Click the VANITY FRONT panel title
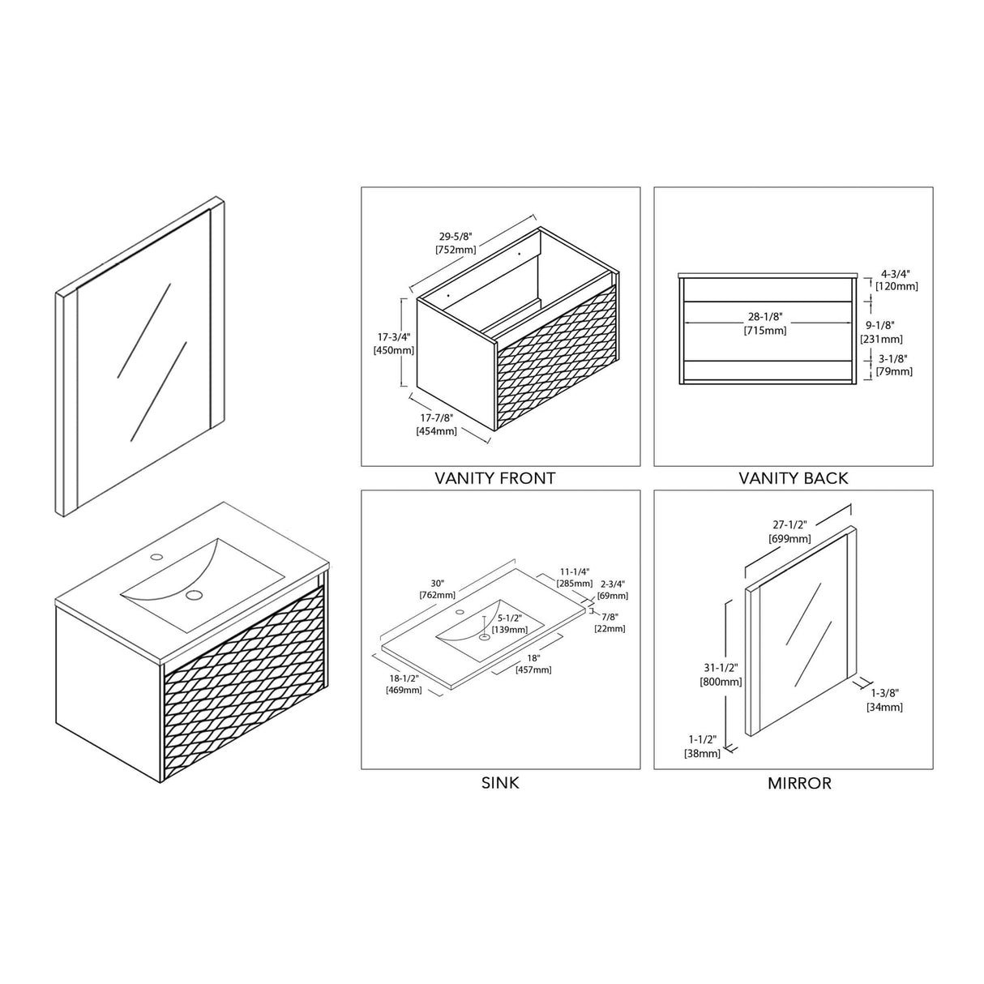pyautogui.click(x=494, y=478)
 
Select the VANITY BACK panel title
pyautogui.click(x=793, y=478)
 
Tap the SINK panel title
pyautogui.click(x=500, y=783)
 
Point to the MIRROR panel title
pyautogui.click(x=799, y=783)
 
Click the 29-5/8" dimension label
pyautogui.click(x=456, y=237)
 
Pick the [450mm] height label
pyautogui.click(x=394, y=350)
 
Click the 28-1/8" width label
pyautogui.click(x=765, y=317)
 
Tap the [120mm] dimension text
pyautogui.click(x=896, y=286)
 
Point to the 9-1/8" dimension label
pyautogui.click(x=880, y=325)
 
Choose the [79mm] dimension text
pyautogui.click(x=894, y=371)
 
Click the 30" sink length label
pyautogui.click(x=437, y=584)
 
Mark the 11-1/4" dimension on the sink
pyautogui.click(x=575, y=571)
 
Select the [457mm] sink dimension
pyautogui.click(x=533, y=670)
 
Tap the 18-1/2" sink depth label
pyautogui.click(x=404, y=678)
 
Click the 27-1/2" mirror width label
pyautogui.click(x=789, y=524)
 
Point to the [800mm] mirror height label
pyautogui.click(x=721, y=682)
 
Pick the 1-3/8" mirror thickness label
pyautogui.click(x=884, y=693)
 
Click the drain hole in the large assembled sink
pyautogui.click(x=194, y=594)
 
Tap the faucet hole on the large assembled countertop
pyautogui.click(x=156, y=556)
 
